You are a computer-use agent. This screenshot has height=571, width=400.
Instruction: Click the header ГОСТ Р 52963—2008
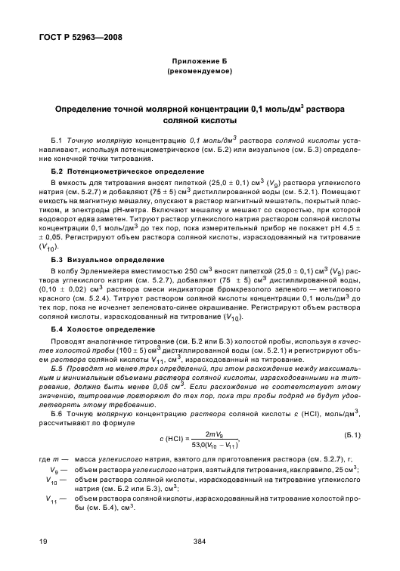tap(82, 35)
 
